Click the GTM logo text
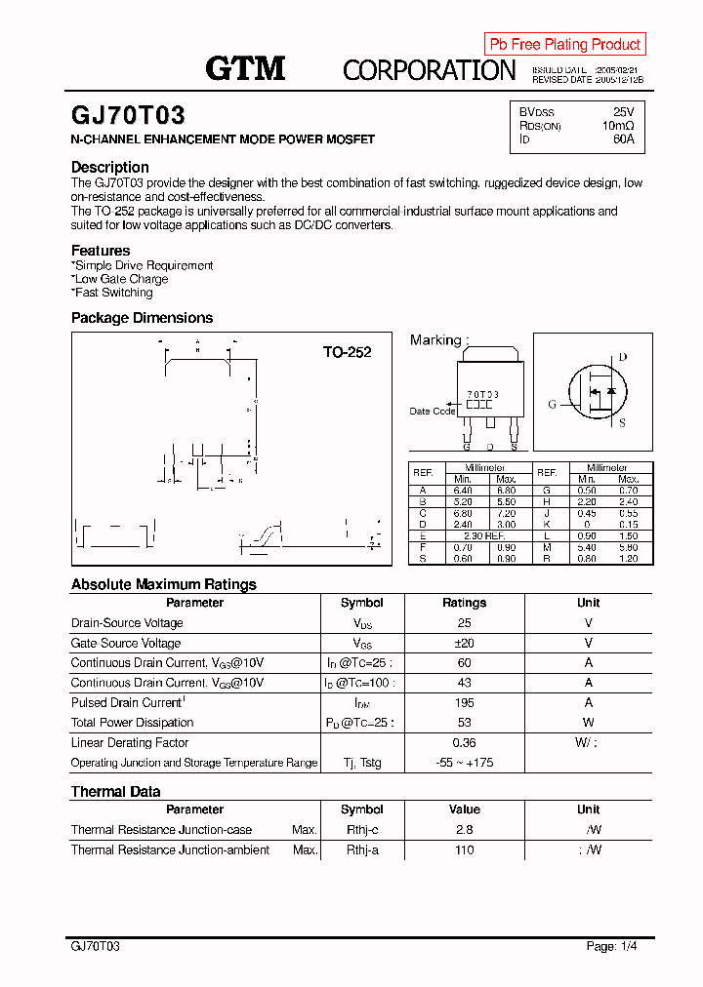(244, 67)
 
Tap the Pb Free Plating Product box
(564, 44)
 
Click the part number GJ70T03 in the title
(128, 116)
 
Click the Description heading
(109, 167)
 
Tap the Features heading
(100, 251)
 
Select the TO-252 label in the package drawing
(347, 352)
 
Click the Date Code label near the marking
(432, 411)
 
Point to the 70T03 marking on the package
(482, 394)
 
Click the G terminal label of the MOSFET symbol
(552, 404)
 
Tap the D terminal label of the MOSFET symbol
(622, 358)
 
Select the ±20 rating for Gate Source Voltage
(464, 643)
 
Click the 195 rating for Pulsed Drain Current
(464, 702)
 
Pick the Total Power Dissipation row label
(132, 723)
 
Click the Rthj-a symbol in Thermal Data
(361, 849)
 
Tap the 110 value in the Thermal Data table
(464, 849)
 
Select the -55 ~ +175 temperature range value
(464, 763)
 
